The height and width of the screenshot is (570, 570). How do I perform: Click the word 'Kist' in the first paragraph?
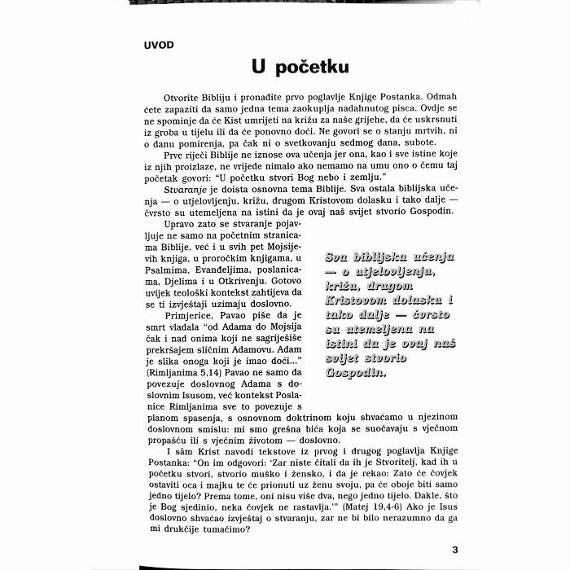(229, 129)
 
